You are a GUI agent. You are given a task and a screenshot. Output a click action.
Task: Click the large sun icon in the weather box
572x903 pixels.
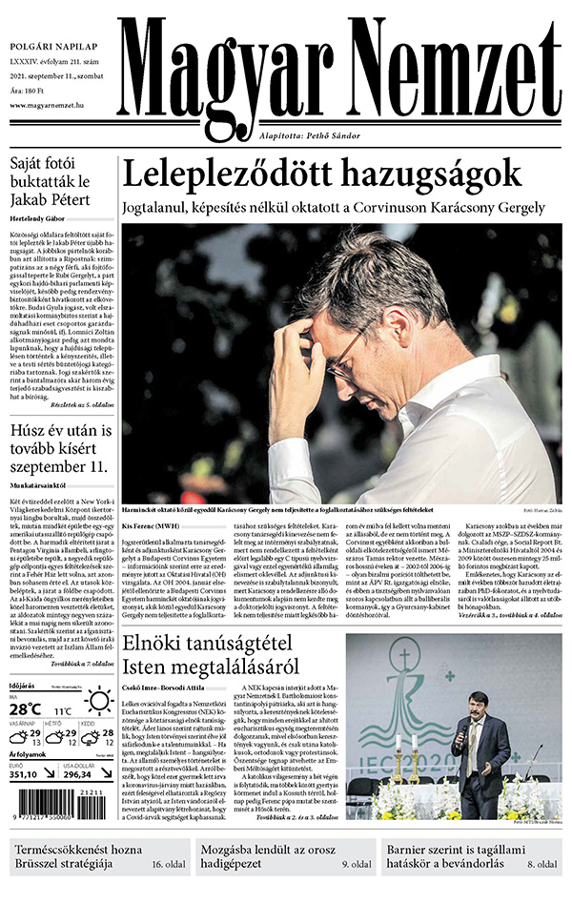tap(98, 705)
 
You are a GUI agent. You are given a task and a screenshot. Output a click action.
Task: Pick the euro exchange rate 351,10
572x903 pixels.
tap(27, 774)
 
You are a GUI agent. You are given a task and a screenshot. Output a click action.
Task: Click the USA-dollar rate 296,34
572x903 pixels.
tap(84, 774)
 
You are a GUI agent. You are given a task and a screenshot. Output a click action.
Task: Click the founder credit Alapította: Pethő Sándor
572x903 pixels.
tap(311, 136)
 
